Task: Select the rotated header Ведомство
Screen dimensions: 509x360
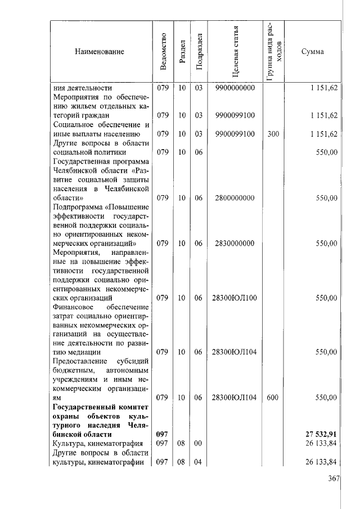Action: coord(163,52)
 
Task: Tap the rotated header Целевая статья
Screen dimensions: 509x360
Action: coord(235,52)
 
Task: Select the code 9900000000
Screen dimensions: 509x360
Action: coord(235,88)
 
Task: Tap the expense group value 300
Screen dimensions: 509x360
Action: coord(273,134)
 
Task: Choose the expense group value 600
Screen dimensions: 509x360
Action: coord(273,397)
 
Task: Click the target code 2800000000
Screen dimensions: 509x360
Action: coord(235,198)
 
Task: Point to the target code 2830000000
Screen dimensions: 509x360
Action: coord(235,244)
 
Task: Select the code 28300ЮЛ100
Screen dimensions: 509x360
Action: coord(235,298)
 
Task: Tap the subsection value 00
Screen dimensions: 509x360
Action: coord(198,443)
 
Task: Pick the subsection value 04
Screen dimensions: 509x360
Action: coord(198,462)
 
